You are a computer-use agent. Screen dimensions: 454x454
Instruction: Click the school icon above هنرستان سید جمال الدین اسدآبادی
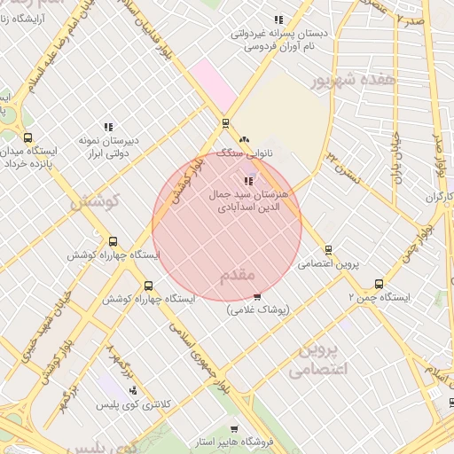[246, 182]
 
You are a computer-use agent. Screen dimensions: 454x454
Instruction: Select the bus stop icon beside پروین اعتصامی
[328, 250]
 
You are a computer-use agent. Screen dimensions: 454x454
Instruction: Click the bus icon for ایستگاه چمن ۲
[379, 285]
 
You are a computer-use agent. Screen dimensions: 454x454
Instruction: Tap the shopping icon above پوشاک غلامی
[257, 297]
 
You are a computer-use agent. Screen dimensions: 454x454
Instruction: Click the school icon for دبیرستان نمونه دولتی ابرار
[108, 128]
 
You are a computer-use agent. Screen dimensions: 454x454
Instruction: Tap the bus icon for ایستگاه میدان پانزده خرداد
[27, 137]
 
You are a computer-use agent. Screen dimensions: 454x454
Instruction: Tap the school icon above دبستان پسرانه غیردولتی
[278, 20]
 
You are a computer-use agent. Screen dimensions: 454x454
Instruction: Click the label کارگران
[438, 195]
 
